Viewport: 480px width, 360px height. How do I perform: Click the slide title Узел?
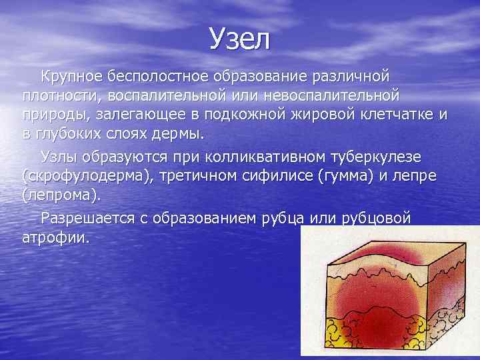[x=239, y=40]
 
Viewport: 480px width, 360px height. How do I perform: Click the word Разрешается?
[x=85, y=218]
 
